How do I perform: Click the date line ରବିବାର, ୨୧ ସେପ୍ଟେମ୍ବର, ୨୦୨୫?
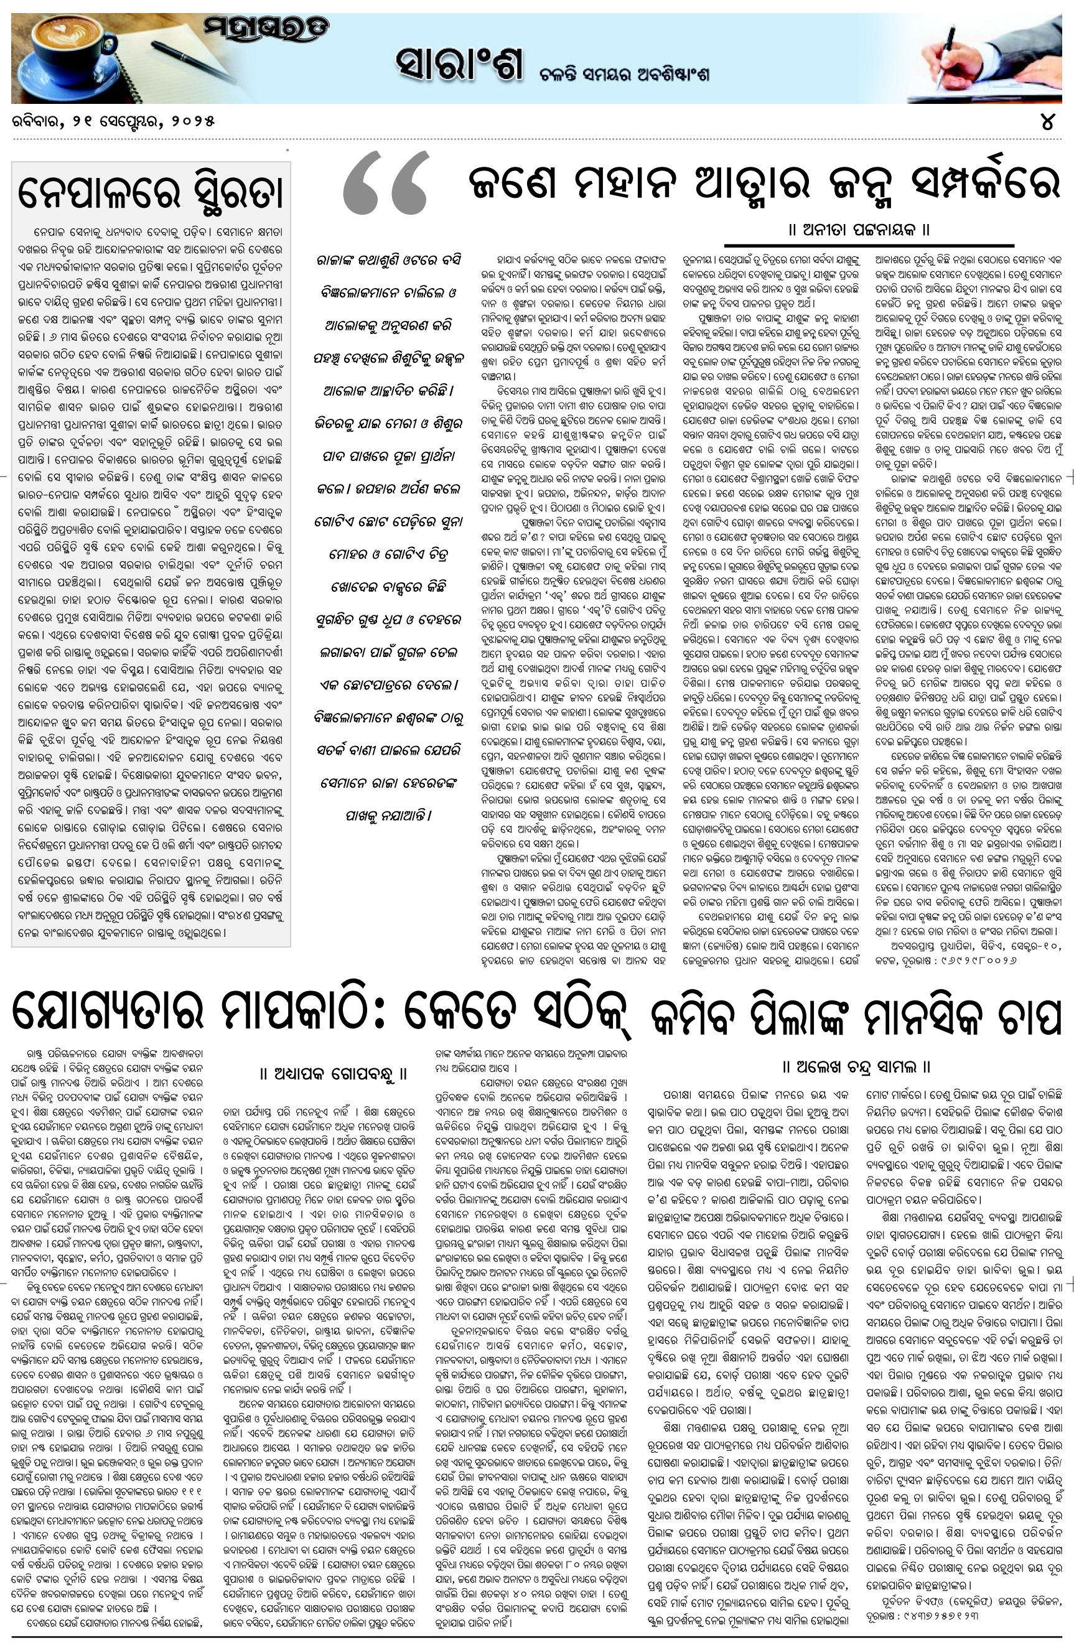click(114, 121)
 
